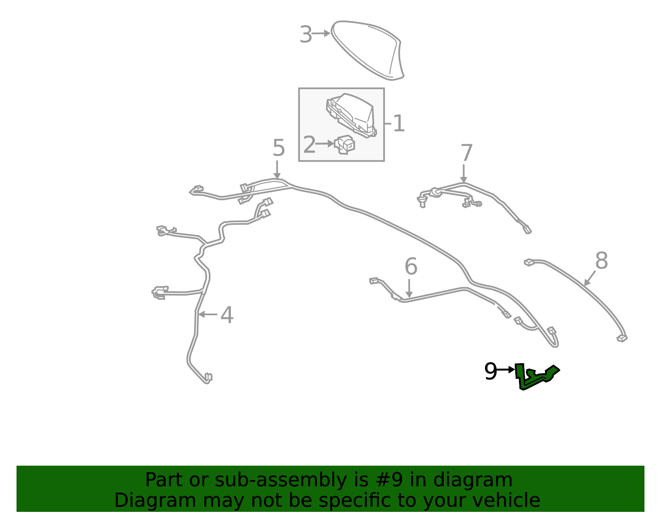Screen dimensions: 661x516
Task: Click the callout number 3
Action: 306,34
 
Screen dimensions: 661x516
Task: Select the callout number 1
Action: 399,124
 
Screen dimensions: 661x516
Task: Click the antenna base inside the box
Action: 351,116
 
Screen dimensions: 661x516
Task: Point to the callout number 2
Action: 309,145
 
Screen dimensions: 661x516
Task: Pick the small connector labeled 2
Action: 345,145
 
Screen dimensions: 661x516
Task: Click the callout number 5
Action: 278,148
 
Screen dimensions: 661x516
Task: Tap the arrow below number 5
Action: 277,170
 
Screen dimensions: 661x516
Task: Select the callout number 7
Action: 466,153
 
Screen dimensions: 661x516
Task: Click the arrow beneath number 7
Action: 464,174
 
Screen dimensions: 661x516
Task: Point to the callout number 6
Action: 411,266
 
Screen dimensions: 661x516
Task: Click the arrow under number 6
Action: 409,288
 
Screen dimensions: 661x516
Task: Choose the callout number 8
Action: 602,261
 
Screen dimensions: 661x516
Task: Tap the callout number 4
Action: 227,315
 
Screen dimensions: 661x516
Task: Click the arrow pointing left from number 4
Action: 208,314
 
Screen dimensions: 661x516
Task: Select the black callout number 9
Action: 490,371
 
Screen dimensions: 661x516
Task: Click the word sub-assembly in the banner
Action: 281,480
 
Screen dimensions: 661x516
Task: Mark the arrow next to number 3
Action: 321,33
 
